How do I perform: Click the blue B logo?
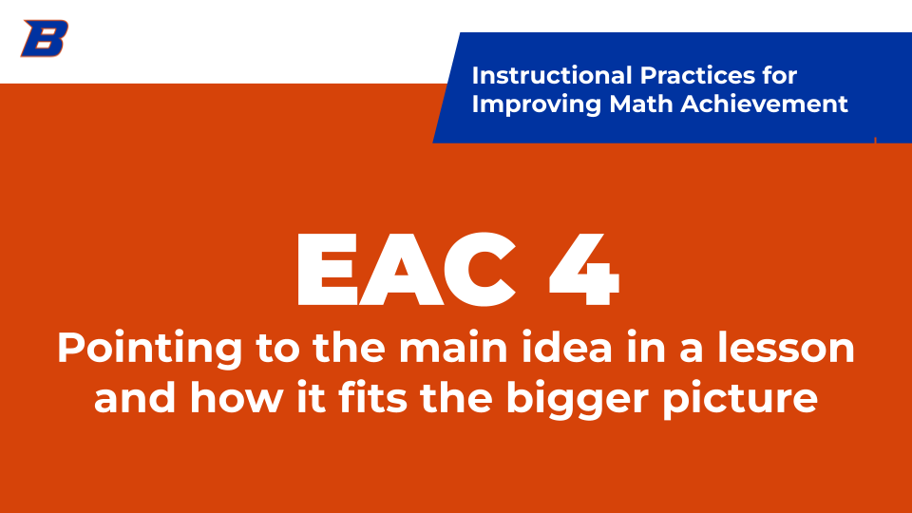(x=45, y=38)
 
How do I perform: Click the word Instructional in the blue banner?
(x=552, y=76)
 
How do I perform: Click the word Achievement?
(x=764, y=104)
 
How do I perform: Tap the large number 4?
(x=584, y=269)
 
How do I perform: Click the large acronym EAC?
(x=407, y=269)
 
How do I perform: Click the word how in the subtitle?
(x=237, y=398)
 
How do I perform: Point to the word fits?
(x=372, y=398)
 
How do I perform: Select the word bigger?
(x=577, y=401)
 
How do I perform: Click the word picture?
(x=740, y=401)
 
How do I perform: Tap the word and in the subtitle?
(x=135, y=398)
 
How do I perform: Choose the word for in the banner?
(x=776, y=76)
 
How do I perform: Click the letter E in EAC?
(x=327, y=269)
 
